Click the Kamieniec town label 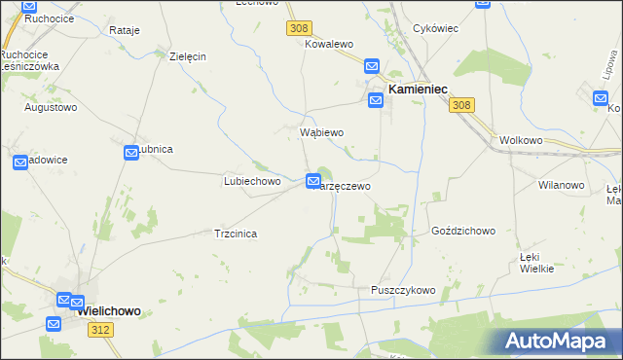pos(418,89)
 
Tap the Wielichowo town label pos(108,311)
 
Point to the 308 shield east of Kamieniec pos(463,105)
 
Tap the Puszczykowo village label pos(403,290)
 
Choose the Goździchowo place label pos(463,232)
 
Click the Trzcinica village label pos(236,234)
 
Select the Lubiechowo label pos(252,181)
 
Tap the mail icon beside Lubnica pos(132,153)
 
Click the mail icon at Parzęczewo pos(313,181)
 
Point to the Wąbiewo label pos(321,131)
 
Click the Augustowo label pos(51,107)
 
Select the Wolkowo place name pos(520,140)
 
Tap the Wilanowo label pos(560,184)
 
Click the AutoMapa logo pos(559,341)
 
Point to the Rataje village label pos(125,30)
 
